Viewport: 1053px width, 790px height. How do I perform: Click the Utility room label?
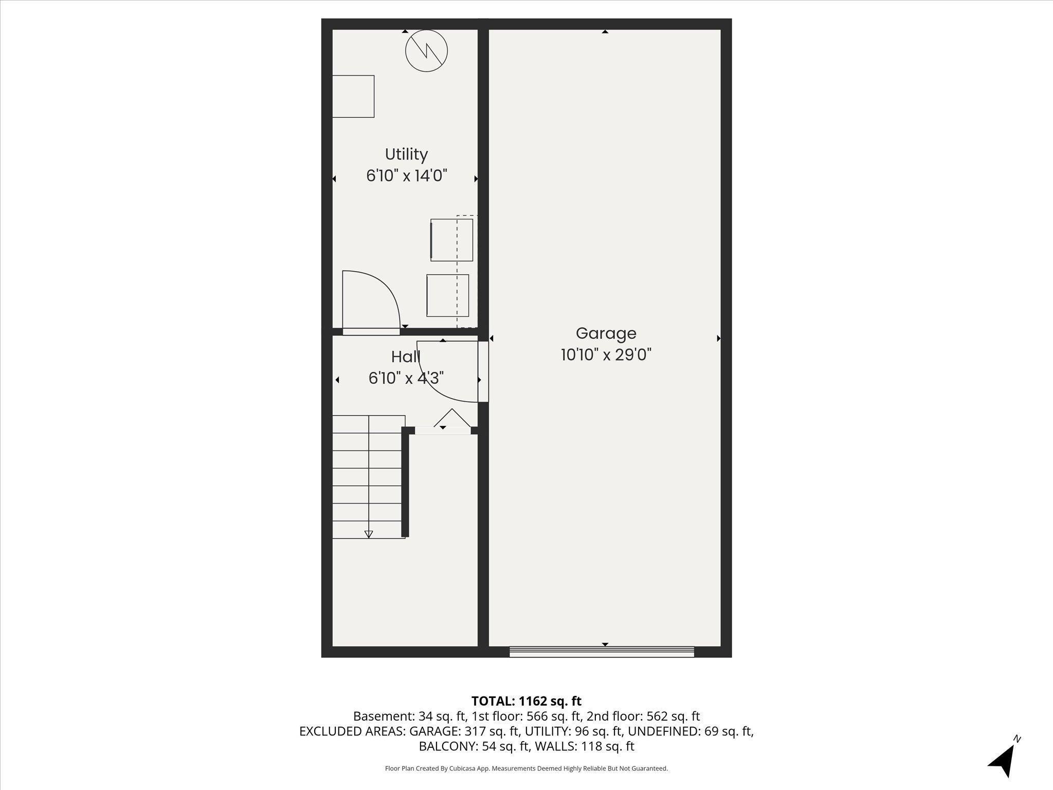[x=406, y=154]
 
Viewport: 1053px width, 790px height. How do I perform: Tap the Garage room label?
[x=606, y=333]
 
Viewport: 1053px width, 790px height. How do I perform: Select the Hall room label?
[x=406, y=356]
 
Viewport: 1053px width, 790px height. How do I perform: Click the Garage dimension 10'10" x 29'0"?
[x=606, y=355]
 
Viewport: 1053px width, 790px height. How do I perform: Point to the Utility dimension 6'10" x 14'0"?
[x=406, y=176]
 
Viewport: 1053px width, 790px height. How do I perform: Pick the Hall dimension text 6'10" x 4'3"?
[x=406, y=379]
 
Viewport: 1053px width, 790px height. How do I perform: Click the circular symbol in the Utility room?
[x=426, y=50]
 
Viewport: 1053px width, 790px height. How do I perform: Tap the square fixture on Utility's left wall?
[x=353, y=96]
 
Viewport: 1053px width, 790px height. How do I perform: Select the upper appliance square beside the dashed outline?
[x=451, y=240]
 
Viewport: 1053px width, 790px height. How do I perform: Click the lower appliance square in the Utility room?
[x=447, y=295]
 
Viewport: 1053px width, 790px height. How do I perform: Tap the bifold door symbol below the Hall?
[x=452, y=418]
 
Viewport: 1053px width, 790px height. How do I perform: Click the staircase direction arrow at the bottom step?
[x=369, y=534]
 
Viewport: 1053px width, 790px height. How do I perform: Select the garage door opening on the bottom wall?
[x=602, y=652]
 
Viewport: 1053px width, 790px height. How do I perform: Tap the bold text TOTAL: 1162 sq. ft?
[x=526, y=701]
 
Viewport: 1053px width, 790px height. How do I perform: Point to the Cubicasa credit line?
[x=526, y=769]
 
